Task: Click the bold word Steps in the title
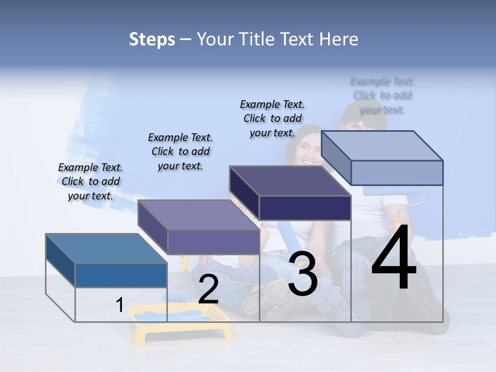(152, 39)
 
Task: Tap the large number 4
(394, 258)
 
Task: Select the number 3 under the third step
(302, 274)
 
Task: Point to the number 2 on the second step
(208, 289)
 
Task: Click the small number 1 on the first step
(119, 305)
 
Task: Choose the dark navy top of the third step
(290, 181)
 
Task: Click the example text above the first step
(90, 181)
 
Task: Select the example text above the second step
(180, 151)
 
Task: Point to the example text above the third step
(272, 118)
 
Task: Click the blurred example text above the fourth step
(382, 96)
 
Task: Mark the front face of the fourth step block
(396, 173)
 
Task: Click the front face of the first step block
(121, 275)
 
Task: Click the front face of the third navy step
(305, 208)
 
